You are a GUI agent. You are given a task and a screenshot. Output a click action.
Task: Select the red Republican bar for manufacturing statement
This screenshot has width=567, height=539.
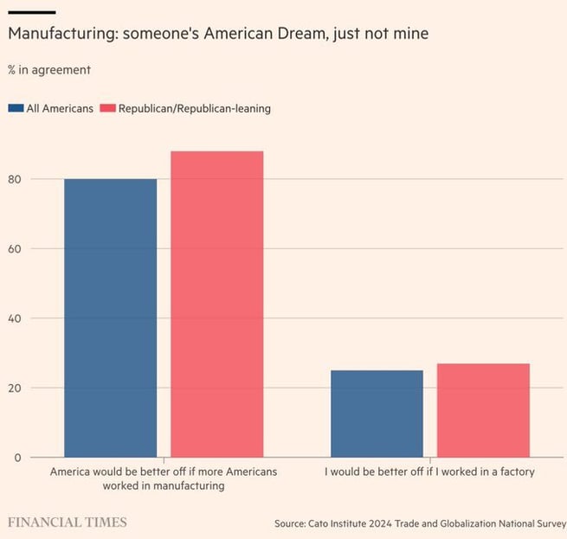coord(216,304)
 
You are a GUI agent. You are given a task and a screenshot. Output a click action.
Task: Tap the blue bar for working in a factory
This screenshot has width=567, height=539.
coord(377,414)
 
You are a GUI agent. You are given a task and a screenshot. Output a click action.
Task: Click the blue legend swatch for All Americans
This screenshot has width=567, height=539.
coord(16,108)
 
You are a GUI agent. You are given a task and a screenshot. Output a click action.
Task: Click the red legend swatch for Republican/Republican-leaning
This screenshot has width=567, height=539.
coord(108,108)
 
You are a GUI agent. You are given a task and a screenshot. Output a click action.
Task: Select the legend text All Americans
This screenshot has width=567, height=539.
coord(60,108)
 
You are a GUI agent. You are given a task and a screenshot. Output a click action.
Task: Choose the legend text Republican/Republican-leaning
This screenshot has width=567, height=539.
coord(195,108)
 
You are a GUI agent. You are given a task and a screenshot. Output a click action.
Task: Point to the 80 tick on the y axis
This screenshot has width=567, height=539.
coord(14,179)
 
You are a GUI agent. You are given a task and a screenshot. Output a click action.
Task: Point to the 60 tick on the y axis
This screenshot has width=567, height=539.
coord(14,249)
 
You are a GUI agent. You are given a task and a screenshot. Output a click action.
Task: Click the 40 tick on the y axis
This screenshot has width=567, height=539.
coord(14,318)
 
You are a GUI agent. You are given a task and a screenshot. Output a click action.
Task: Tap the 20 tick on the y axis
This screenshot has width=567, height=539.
coord(14,388)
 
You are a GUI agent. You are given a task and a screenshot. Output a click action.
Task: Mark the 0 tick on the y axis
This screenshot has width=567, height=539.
coord(16,457)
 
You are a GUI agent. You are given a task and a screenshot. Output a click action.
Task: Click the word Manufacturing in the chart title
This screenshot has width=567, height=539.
coord(61,34)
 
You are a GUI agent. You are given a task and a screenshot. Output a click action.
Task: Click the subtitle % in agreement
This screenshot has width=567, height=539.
coord(48,69)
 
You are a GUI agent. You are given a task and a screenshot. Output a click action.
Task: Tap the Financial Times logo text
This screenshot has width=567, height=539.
coord(68,523)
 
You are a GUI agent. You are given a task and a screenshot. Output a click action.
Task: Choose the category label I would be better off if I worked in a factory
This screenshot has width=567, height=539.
coord(429,472)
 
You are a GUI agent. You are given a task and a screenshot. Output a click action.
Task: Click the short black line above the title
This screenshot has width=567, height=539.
coord(31,11)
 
